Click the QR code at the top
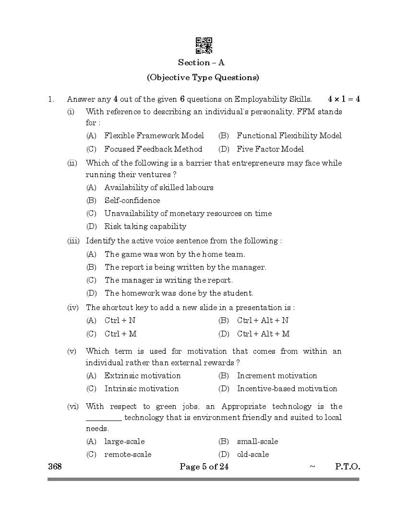coord(204,46)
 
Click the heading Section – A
coord(201,62)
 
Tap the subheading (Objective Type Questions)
coord(203,77)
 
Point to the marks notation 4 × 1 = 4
coord(344,99)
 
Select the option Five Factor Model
coord(270,149)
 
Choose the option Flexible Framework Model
coord(154,136)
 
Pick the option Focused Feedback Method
coord(153,149)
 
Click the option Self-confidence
coord(132,201)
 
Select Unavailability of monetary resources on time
coord(188,214)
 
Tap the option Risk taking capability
coord(145,227)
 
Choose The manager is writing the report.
coord(168,280)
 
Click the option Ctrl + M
coord(120,334)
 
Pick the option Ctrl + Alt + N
coord(263,321)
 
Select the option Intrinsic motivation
coord(142,389)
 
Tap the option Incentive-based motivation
coord(287,389)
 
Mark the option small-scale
coord(257,442)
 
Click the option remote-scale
coord(128,455)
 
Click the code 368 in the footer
coord(55,467)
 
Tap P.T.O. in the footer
coord(347,467)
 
